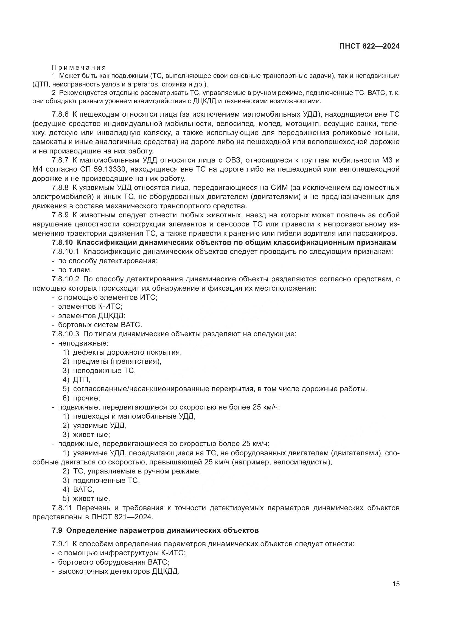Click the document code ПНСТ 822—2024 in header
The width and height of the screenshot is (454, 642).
[369, 46]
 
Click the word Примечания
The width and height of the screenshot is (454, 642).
[79, 68]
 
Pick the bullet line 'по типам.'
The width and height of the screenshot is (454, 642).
[75, 270]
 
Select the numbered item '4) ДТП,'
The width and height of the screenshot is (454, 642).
[77, 380]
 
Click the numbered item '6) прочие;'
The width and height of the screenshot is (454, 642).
[81, 398]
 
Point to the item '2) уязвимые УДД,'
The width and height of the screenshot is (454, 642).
[94, 426]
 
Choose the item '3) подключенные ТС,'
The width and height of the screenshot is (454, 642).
[101, 480]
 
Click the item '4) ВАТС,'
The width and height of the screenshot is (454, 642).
[79, 490]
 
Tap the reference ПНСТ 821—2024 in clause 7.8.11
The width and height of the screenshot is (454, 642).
[122, 517]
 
